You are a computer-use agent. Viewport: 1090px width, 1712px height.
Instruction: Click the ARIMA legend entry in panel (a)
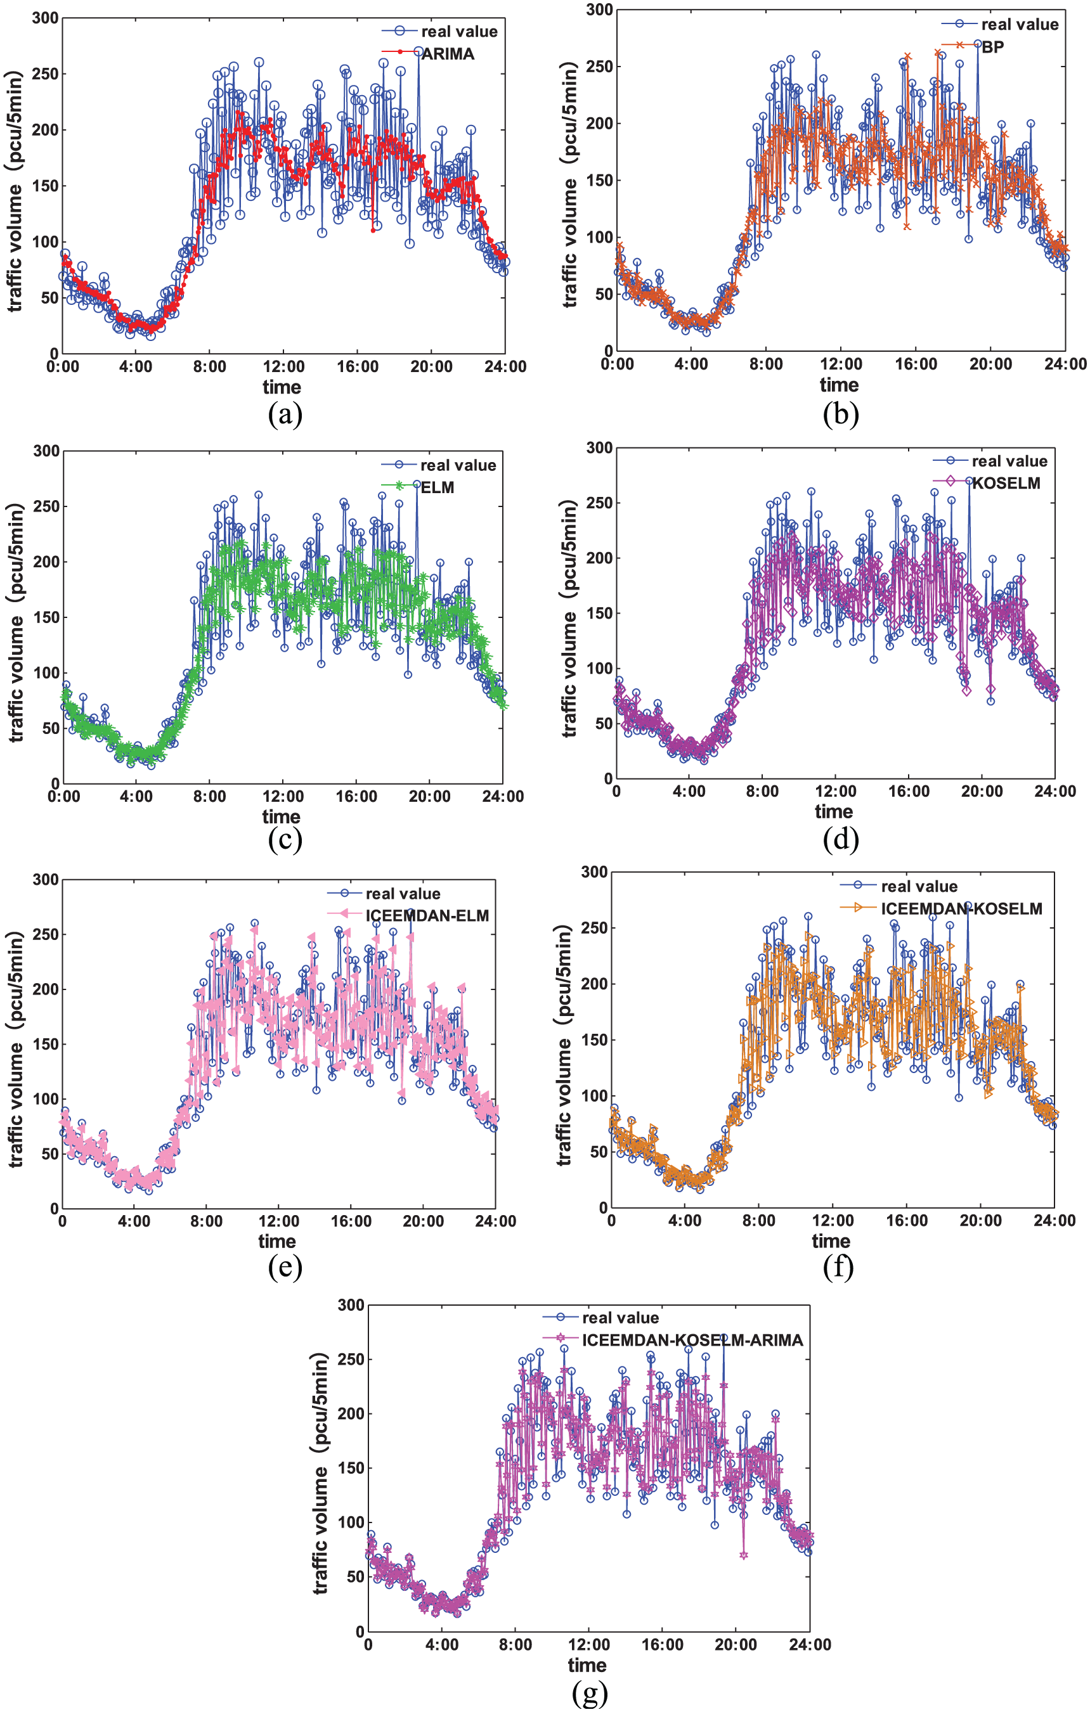[448, 54]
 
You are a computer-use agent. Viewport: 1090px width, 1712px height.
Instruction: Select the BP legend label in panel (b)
[992, 47]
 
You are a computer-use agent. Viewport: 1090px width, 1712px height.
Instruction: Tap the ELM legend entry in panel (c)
[438, 487]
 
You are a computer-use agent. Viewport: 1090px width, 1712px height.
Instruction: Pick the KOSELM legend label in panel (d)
[1006, 484]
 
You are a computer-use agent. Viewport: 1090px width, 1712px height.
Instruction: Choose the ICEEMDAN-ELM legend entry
[427, 916]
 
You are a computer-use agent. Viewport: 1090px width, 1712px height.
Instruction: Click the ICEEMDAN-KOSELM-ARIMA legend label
[692, 1340]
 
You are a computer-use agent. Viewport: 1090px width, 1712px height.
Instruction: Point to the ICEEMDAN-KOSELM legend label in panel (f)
[961, 909]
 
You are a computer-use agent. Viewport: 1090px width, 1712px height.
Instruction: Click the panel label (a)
[285, 415]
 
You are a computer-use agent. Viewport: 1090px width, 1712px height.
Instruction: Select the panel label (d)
[840, 840]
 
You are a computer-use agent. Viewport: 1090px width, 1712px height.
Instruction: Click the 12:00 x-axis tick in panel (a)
[283, 367]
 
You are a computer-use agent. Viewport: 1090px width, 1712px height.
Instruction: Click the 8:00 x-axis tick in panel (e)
[206, 1221]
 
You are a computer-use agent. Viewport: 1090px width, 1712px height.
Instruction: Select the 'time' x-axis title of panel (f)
[831, 1241]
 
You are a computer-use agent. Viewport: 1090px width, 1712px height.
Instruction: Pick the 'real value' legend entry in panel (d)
[1009, 461]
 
